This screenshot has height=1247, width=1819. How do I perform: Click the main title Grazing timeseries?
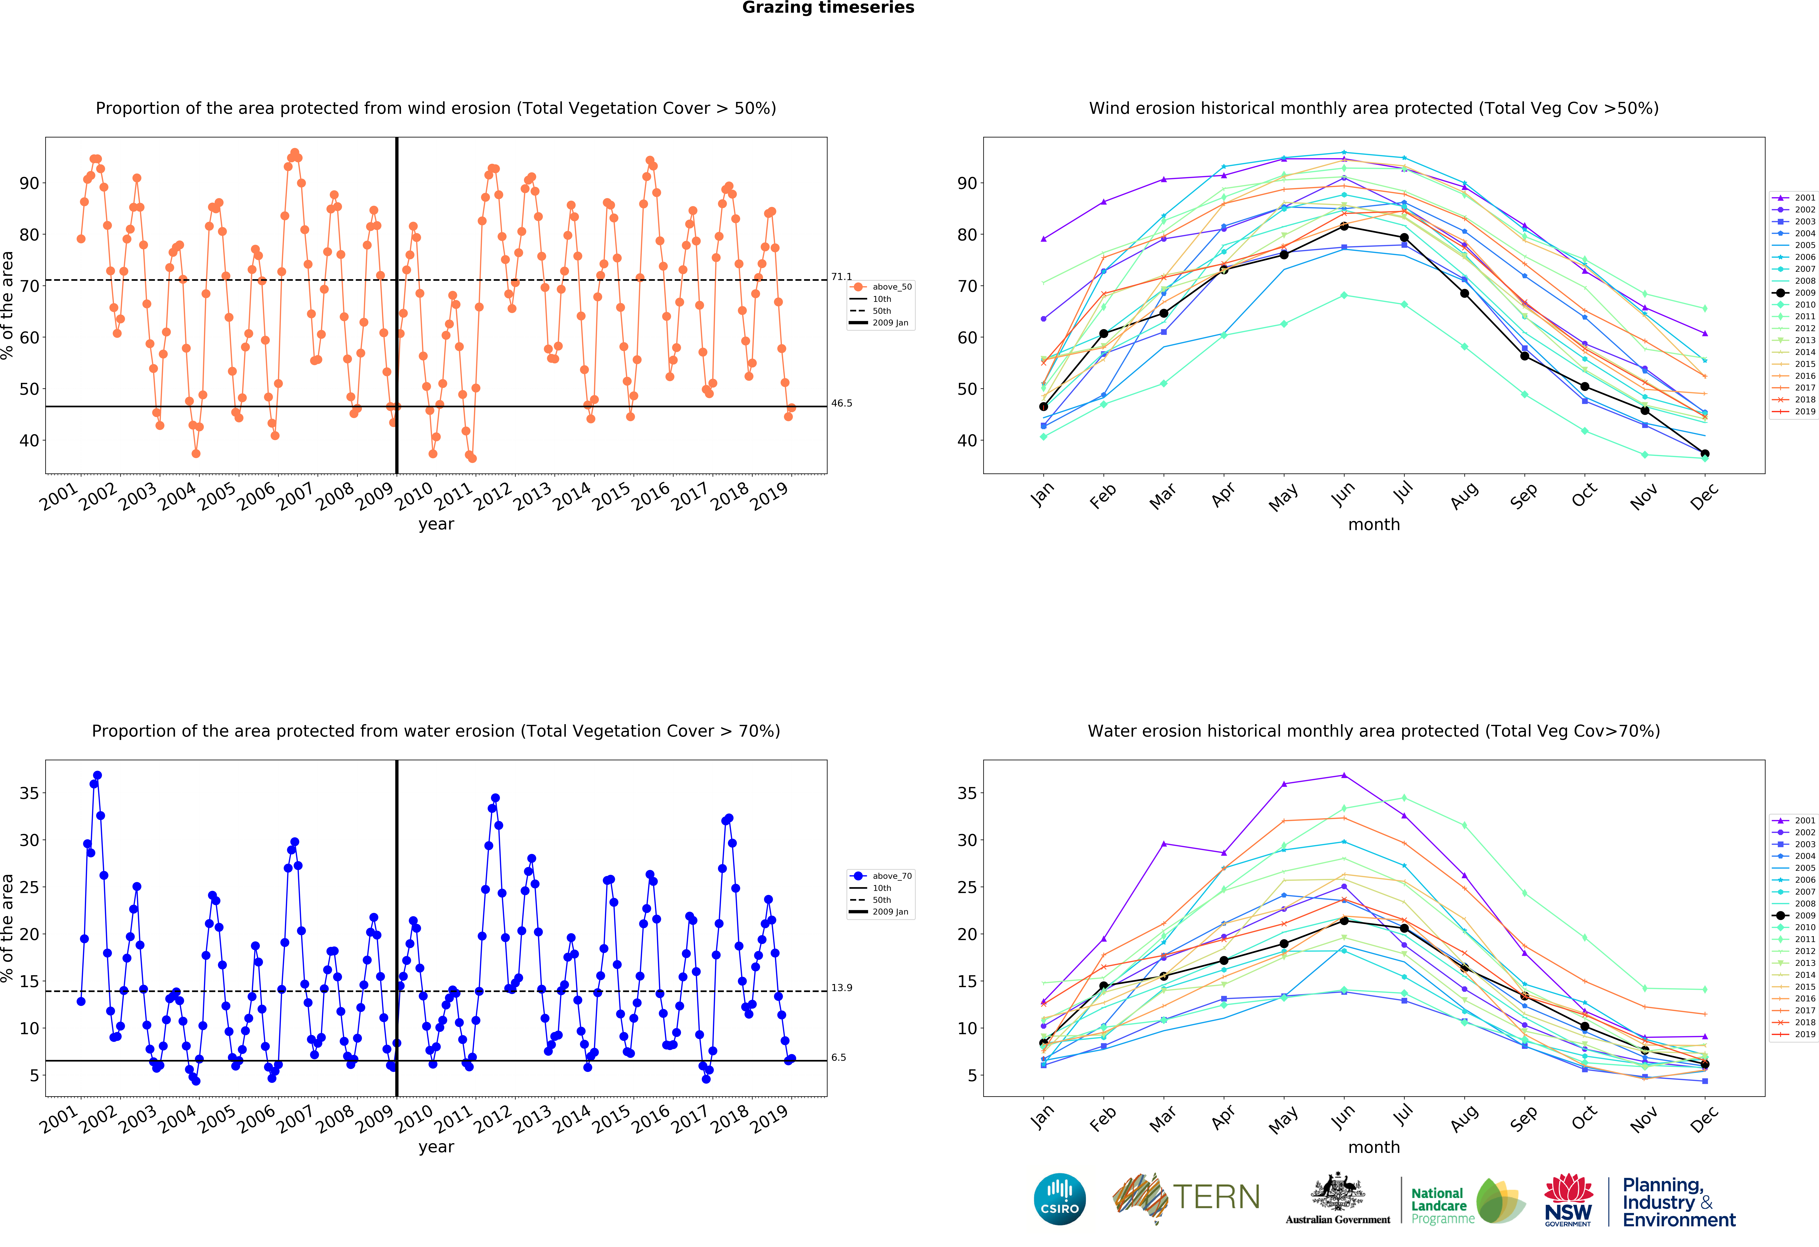pos(828,8)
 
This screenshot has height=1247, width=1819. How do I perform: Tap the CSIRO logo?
pos(1060,1199)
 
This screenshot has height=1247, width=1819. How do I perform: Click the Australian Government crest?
pos(1338,1192)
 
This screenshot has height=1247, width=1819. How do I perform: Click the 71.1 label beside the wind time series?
pos(841,277)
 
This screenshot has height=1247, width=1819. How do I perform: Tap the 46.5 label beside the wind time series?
pos(841,403)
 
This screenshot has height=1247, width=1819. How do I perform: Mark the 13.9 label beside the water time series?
pos(841,988)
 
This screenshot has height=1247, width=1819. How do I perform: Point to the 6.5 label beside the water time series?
pos(838,1058)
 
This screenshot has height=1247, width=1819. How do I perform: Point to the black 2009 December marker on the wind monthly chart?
pos(1705,454)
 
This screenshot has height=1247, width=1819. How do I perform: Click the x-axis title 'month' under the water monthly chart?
pos(1374,1148)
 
